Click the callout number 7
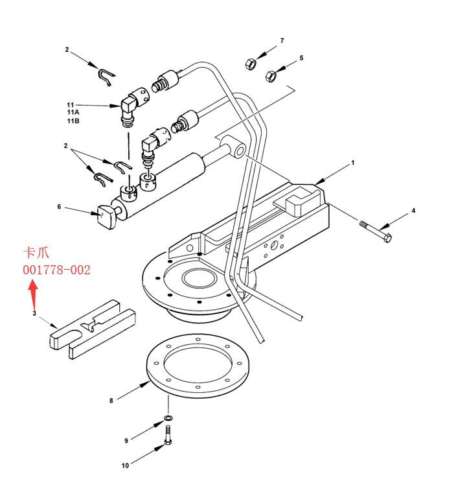282,41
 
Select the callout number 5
301,58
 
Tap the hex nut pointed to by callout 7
251,64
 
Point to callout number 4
413,211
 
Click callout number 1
353,163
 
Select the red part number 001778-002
57,269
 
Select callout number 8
111,401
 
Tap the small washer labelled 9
168,418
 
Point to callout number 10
125,465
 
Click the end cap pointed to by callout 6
106,215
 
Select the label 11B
73,121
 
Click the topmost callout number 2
66,49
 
